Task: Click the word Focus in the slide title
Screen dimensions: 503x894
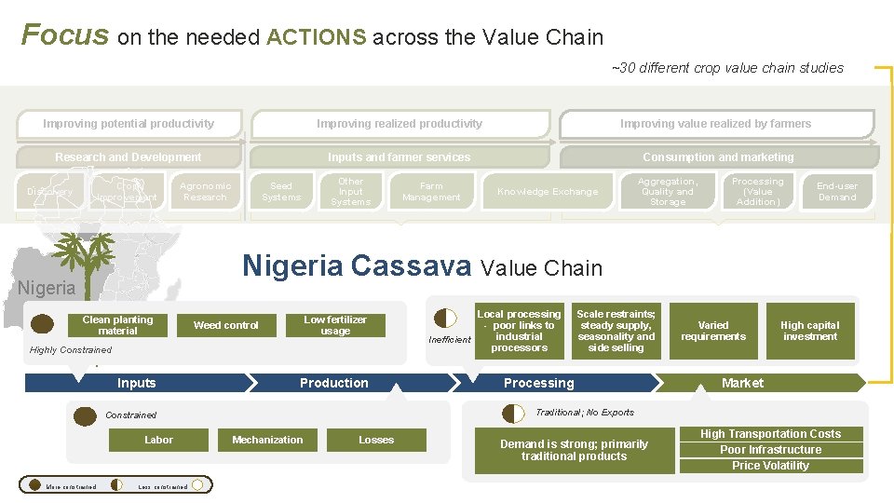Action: (65, 35)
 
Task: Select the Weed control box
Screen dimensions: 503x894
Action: (226, 325)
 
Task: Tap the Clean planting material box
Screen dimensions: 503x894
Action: (117, 325)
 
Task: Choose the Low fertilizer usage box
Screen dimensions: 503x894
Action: (335, 325)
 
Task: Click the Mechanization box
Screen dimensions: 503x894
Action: (267, 440)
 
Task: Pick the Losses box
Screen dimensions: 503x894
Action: (376, 440)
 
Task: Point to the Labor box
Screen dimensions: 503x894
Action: (158, 440)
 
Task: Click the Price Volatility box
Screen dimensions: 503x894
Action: (770, 466)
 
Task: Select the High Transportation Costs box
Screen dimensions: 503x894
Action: (770, 434)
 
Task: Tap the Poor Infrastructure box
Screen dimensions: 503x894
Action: (770, 450)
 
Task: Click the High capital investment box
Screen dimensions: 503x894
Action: (809, 332)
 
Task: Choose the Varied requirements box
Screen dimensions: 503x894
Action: (713, 332)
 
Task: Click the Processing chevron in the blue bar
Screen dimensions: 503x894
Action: (539, 383)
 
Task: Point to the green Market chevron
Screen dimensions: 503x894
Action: (742, 383)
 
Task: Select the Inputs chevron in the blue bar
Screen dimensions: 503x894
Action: (137, 383)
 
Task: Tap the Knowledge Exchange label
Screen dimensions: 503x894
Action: (548, 192)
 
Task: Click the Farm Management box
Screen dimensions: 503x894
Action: (431, 192)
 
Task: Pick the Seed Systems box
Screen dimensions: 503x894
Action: (281, 192)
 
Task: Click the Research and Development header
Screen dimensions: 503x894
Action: (129, 157)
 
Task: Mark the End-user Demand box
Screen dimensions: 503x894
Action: (836, 192)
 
